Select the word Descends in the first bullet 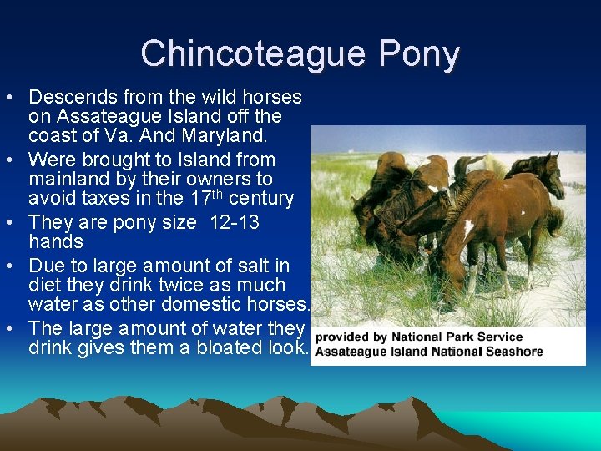click(71, 98)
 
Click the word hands click(56, 242)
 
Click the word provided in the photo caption click(342, 337)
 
